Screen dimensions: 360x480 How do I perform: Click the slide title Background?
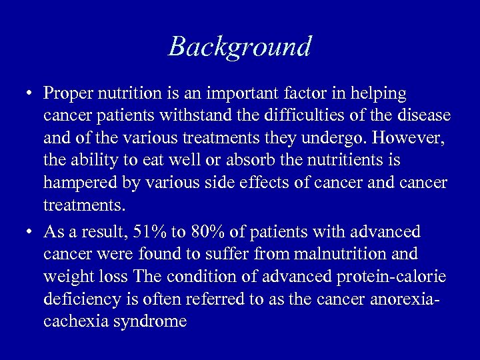(240, 47)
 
